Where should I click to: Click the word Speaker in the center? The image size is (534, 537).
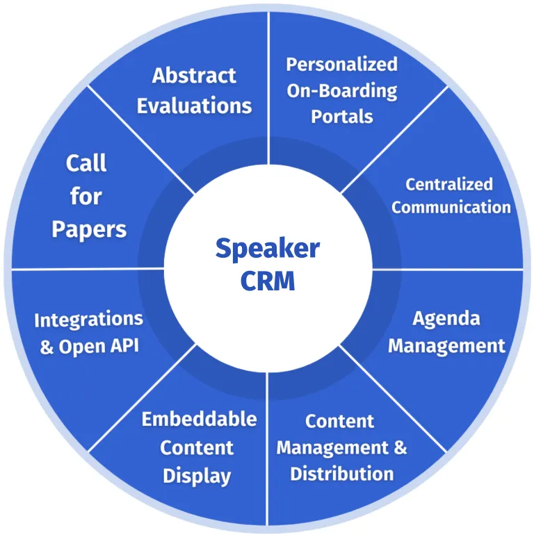point(267,249)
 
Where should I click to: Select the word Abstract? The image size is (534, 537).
point(194,75)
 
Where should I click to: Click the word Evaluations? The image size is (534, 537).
point(194,106)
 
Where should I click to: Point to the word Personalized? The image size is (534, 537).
point(341,65)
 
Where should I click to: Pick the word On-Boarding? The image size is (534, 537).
point(341,90)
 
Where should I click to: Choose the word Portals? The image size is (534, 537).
point(341,116)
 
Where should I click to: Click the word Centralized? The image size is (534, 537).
point(449,184)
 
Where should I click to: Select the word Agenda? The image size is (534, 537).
point(446,318)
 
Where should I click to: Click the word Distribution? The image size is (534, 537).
point(341,474)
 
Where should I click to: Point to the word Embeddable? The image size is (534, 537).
point(199,420)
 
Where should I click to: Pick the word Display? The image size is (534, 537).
point(197,476)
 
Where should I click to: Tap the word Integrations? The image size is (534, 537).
point(88,320)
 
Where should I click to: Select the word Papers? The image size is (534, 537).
point(89,229)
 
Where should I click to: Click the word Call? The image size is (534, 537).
point(86,163)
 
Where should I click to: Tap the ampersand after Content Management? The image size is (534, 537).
point(400,447)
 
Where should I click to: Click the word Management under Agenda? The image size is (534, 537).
point(446,345)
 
